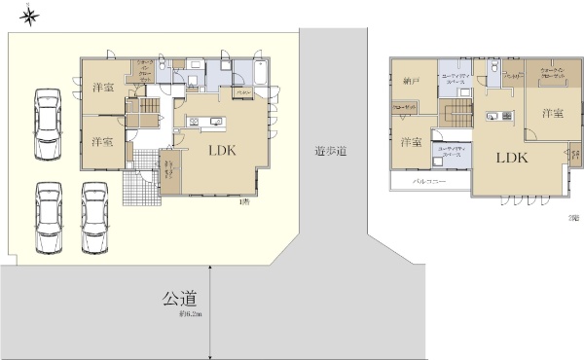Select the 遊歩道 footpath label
pyautogui.click(x=332, y=152)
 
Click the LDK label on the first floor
pyautogui.click(x=221, y=150)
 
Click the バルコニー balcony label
pyautogui.click(x=429, y=182)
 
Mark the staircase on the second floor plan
pyautogui.click(x=456, y=117)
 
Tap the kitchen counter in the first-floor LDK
pyautogui.click(x=205, y=122)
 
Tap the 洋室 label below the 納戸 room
pyautogui.click(x=410, y=142)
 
